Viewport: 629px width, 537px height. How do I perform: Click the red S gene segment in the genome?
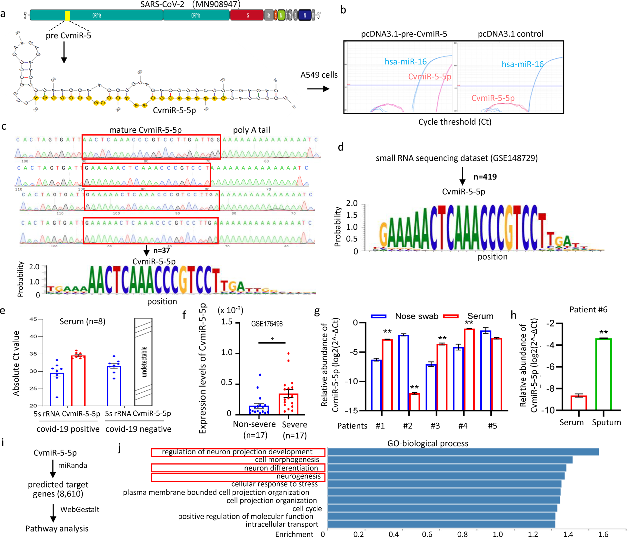pyautogui.click(x=247, y=15)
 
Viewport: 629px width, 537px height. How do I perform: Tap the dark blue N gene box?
pyautogui.click(x=305, y=15)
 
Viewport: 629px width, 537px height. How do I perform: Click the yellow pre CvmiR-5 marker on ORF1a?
pyautogui.click(x=67, y=15)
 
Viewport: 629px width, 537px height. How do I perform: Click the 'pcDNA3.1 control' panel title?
pyautogui.click(x=510, y=34)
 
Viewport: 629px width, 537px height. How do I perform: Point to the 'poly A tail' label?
pyautogui.click(x=251, y=130)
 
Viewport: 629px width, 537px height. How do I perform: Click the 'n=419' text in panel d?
pyautogui.click(x=485, y=177)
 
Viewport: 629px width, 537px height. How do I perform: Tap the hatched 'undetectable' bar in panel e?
pyautogui.click(x=143, y=362)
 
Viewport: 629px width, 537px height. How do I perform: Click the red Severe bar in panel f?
pyautogui.click(x=288, y=404)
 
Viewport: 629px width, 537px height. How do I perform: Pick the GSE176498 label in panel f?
pyautogui.click(x=267, y=324)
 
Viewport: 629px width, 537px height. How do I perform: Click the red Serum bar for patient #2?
pyautogui.click(x=414, y=402)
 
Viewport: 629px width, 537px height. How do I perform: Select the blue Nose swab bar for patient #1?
pyautogui.click(x=376, y=385)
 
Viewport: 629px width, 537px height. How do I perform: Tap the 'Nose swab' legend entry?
pyautogui.click(x=416, y=316)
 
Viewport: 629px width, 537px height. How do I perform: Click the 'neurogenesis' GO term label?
pyautogui.click(x=298, y=476)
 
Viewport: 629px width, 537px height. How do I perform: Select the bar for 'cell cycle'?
pyautogui.click(x=442, y=508)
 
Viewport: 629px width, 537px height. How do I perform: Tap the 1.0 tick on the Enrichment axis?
pyautogui.click(x=498, y=534)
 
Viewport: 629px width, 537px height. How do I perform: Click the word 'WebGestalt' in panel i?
pyautogui.click(x=80, y=509)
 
